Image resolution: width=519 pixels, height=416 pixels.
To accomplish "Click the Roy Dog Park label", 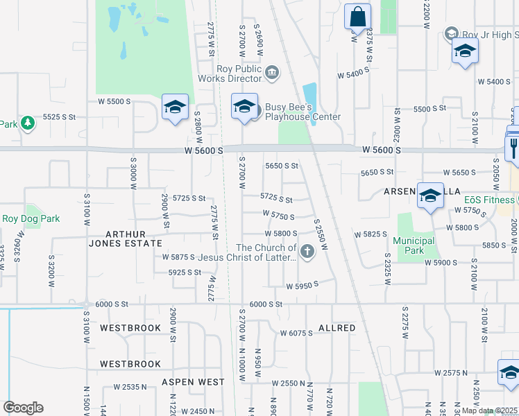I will tap(31, 218).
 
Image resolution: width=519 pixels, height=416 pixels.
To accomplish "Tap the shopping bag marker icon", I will tap(357, 17).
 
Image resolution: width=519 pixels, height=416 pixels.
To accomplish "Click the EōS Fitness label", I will tap(490, 200).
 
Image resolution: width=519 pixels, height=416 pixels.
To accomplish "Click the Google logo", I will tap(23, 408).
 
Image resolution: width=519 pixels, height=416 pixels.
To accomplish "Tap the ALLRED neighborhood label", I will tap(337, 327).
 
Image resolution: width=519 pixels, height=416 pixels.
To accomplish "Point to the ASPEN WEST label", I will tap(193, 382).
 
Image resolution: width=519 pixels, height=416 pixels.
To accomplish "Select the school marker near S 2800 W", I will tap(175, 107).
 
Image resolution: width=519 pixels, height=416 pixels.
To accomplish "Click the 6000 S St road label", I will tap(266, 304).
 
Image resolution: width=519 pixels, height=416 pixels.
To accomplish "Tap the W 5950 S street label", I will tap(302, 284).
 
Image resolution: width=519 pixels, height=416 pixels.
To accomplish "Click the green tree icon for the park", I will tap(27, 123).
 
